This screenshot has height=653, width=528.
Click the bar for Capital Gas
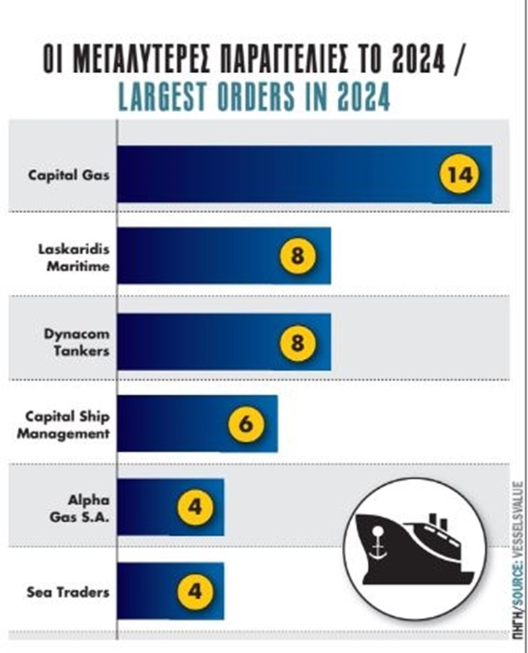[x=277, y=174]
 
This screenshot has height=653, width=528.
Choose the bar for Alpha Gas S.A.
[x=152, y=507]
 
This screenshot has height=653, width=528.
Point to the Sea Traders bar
[x=152, y=590]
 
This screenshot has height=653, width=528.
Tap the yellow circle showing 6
[x=246, y=424]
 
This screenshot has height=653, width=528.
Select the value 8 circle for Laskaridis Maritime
[x=298, y=256]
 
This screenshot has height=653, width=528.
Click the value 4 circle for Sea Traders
[x=194, y=590]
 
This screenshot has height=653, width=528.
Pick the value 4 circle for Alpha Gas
[x=194, y=507]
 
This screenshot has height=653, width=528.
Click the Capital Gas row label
[x=69, y=176]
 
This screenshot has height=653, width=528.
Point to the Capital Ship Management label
[x=66, y=425]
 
